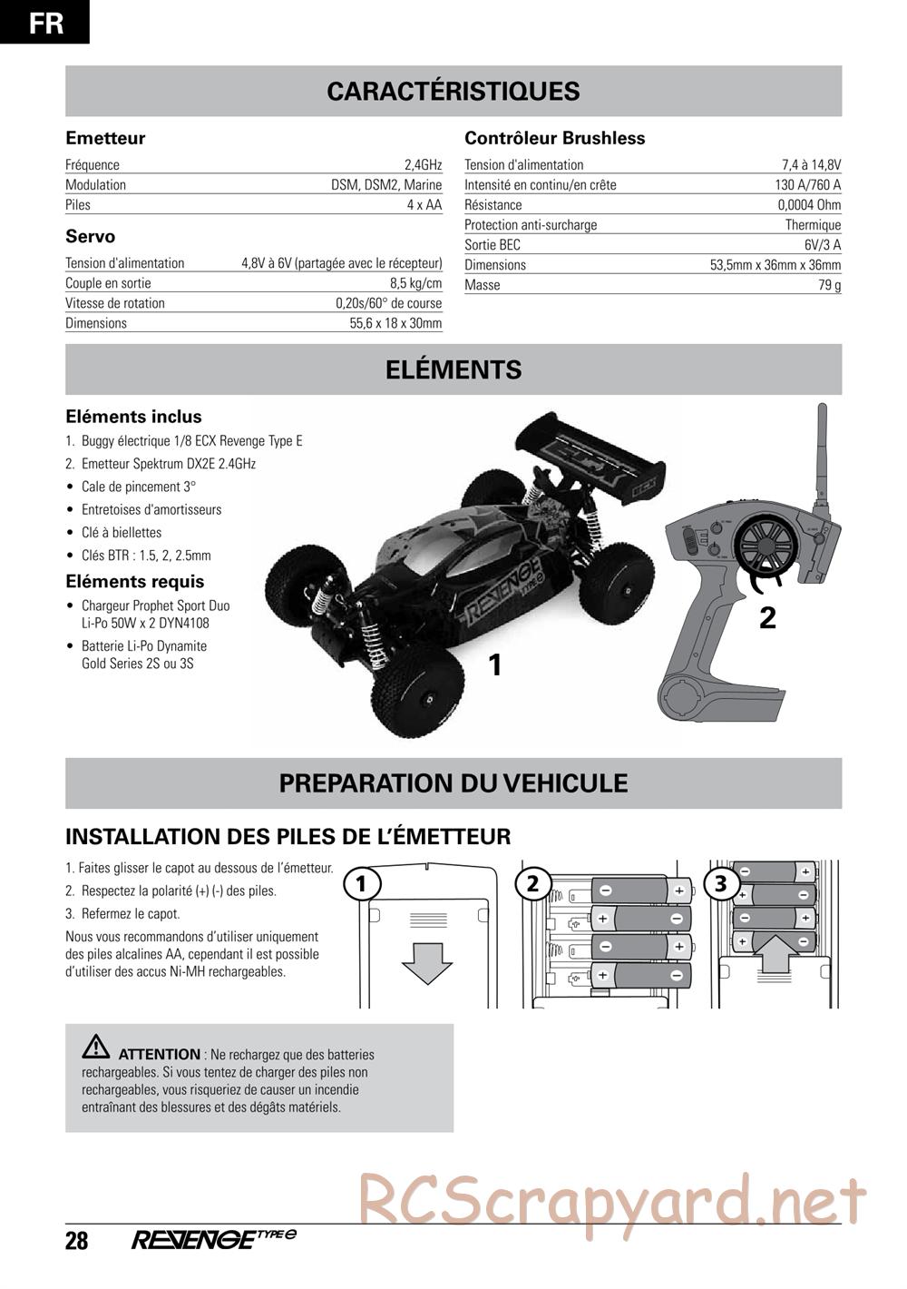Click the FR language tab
[45, 22]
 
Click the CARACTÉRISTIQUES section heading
[453, 91]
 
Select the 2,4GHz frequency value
[423, 165]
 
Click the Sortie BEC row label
[493, 245]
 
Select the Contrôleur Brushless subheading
[554, 138]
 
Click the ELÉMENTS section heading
[453, 369]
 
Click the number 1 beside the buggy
[494, 666]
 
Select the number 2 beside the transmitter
[767, 618]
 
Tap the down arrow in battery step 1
[426, 961]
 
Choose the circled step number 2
[533, 883]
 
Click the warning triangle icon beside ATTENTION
[95, 1048]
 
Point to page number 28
[77, 1240]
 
